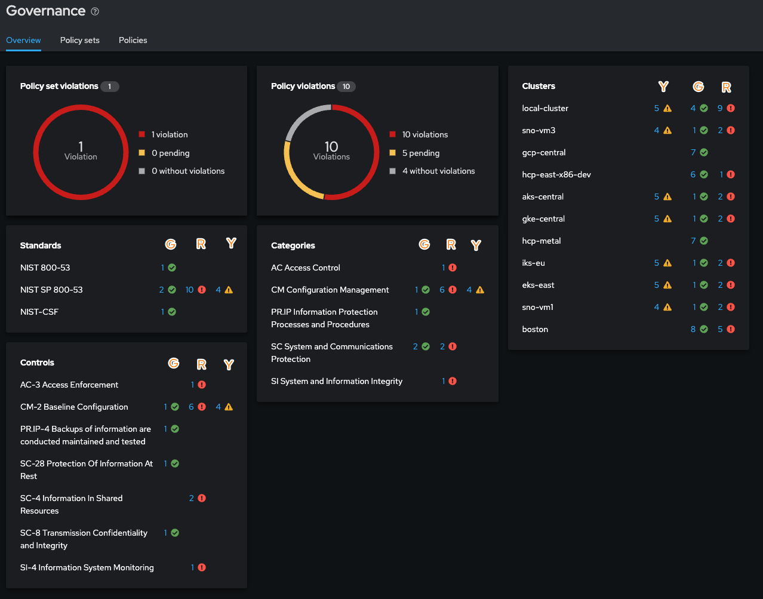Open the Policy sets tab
79,40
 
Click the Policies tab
133,40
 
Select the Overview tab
23,40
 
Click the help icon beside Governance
95,11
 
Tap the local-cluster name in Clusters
544,108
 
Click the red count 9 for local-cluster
720,108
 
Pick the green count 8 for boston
693,329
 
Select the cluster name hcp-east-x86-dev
556,174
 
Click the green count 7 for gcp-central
693,152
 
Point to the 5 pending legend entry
420,153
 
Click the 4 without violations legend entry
438,171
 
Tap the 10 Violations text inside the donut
331,150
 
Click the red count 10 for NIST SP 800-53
189,290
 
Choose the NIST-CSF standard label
39,312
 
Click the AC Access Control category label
305,268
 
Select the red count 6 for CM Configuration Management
442,290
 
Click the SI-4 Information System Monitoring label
87,567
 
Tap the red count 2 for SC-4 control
192,498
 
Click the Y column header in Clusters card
663,87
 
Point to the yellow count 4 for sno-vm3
657,130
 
